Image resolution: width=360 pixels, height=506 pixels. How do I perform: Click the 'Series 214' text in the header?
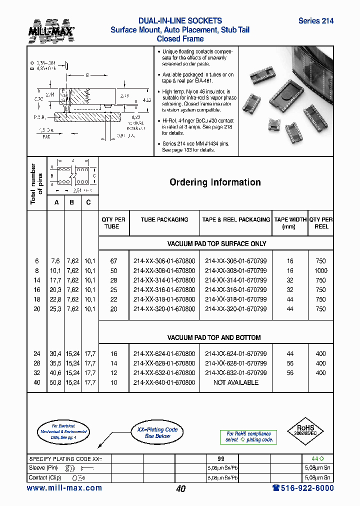315,21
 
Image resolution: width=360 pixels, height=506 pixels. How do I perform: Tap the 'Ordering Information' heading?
215,182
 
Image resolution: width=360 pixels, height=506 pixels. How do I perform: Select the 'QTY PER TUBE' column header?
113,223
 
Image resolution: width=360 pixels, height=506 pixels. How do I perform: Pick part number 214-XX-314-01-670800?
164,280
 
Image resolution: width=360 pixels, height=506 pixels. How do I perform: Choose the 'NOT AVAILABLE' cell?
235,382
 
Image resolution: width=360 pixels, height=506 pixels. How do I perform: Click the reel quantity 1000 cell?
320,270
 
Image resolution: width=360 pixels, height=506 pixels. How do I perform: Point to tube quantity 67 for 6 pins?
113,261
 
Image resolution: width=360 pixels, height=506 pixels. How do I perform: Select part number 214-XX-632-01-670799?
235,373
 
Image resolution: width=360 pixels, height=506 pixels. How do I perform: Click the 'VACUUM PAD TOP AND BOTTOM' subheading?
213,337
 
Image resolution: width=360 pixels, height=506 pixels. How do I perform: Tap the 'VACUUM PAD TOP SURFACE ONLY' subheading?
216,243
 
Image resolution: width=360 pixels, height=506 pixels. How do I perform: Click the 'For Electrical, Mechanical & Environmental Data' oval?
62,431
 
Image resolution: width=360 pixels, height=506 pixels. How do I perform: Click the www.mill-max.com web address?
64,488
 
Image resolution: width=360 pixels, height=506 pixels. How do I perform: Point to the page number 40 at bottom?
180,489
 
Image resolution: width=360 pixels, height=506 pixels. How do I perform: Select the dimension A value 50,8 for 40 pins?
55,382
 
